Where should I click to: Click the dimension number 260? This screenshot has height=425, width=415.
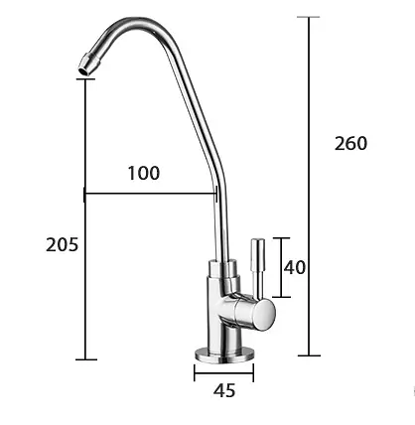pos(350,144)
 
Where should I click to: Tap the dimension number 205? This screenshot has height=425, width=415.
pos(62,245)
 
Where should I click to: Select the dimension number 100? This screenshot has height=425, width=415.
pos(144,173)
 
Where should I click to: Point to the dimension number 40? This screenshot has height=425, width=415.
pos(295,267)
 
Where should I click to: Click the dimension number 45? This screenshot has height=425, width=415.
pos(224,391)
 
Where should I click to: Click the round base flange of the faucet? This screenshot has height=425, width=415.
pos(224,354)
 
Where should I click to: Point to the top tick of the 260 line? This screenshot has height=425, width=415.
pos(309,17)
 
